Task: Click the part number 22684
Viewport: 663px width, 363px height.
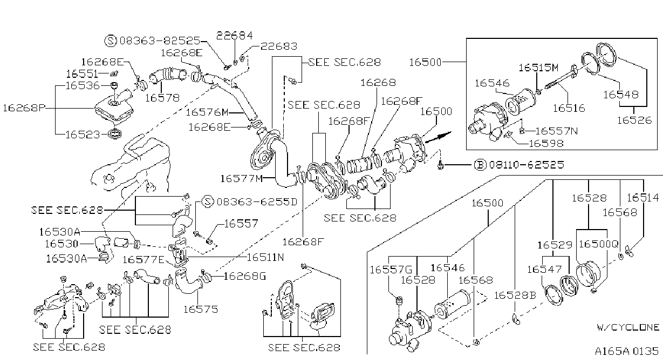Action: [235, 36]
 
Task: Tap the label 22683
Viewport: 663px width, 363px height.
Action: [279, 46]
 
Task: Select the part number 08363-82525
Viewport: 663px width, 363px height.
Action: [160, 41]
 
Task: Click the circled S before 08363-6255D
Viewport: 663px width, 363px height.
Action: [208, 202]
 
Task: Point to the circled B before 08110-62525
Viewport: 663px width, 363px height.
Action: [480, 165]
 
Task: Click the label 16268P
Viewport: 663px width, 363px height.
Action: [24, 108]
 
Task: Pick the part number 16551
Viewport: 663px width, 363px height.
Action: [82, 74]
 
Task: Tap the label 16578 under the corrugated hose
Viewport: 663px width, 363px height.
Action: [162, 98]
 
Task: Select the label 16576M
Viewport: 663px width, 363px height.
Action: [207, 112]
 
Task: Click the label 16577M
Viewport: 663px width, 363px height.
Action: [242, 179]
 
